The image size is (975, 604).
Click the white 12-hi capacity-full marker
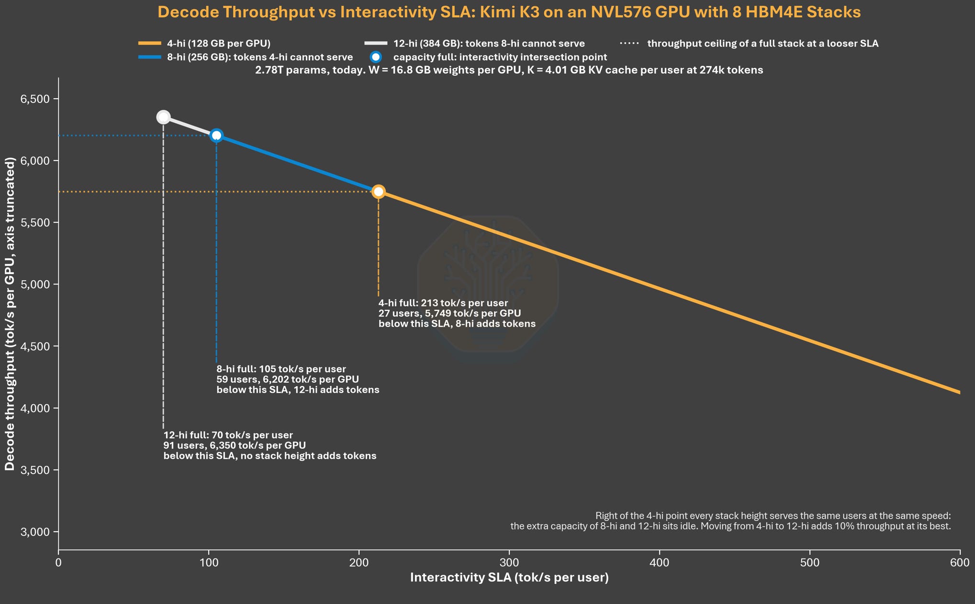point(163,117)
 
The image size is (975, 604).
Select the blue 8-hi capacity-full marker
point(216,136)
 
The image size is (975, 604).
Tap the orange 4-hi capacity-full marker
point(378,192)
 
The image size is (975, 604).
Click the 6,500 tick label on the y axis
point(35,99)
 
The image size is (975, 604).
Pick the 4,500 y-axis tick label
point(35,346)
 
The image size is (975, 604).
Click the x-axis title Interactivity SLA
point(509,578)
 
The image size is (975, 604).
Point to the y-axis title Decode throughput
point(10,314)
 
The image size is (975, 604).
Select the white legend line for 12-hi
point(376,44)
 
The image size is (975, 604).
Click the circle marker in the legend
point(376,57)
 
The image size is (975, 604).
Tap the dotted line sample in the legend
point(629,44)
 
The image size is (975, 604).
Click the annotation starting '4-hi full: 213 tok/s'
point(457,313)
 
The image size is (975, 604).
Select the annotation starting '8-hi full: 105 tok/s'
point(298,379)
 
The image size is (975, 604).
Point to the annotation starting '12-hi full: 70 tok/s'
point(270,445)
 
